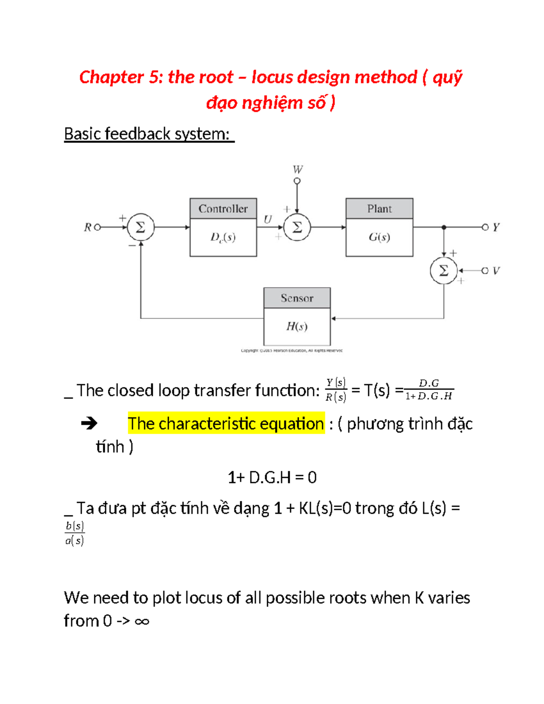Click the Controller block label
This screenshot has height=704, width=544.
223,209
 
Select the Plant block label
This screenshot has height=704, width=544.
379,209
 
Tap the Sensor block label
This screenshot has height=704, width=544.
297,298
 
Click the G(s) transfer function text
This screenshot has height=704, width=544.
379,237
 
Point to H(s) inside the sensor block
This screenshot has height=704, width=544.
297,326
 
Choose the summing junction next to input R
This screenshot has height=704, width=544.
141,227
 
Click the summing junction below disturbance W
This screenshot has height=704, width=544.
297,227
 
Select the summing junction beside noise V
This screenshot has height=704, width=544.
443,271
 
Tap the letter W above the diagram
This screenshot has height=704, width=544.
297,170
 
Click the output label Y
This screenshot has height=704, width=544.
496,227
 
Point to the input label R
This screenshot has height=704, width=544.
87,227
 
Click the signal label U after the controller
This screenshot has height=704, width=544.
267,220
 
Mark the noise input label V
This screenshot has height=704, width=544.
496,271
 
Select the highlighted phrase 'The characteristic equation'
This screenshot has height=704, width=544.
226,423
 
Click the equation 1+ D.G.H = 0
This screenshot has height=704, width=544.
272,477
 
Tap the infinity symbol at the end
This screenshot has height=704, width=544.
142,621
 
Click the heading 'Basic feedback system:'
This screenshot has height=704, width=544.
149,134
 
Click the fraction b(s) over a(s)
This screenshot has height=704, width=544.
74,533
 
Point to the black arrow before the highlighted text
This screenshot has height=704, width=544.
89,424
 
